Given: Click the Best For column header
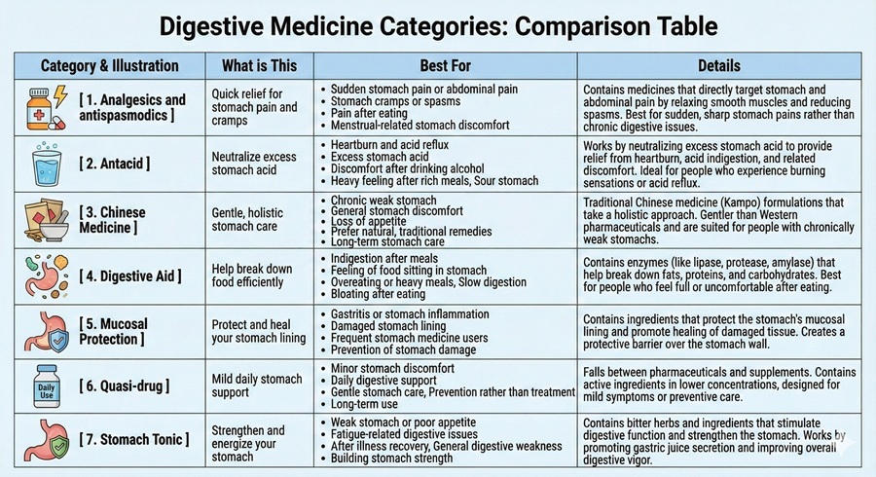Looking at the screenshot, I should (x=447, y=66).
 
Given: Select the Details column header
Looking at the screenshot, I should (x=718, y=66).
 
